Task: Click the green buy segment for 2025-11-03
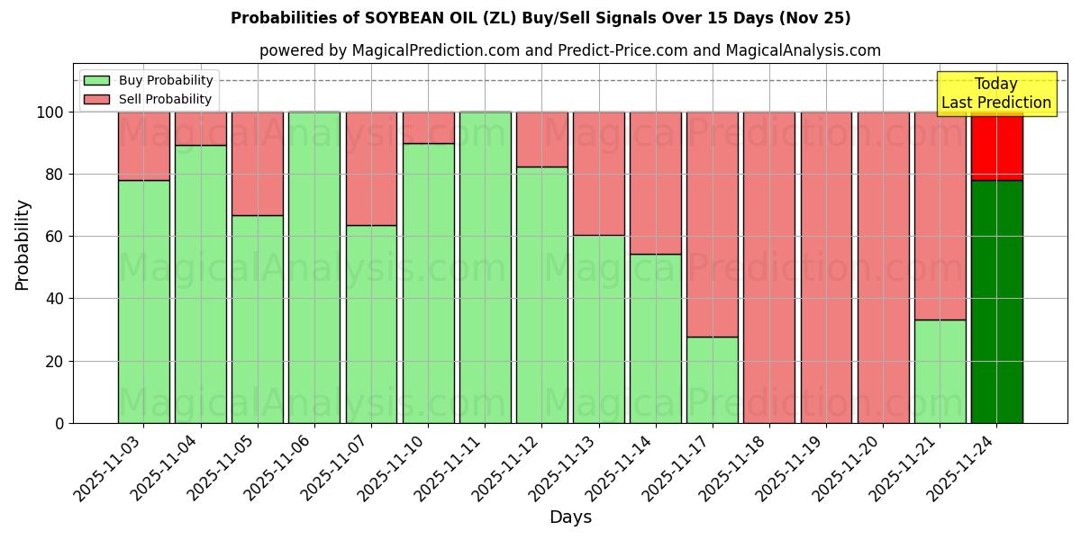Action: pos(143,301)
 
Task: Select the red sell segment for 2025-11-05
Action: pos(258,163)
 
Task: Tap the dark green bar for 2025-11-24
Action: pos(996,301)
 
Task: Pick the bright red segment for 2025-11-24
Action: pos(996,146)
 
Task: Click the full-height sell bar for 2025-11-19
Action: pos(826,267)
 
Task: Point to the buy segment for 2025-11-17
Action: pos(713,380)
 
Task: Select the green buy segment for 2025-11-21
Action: pos(940,371)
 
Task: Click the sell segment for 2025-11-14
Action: pos(656,183)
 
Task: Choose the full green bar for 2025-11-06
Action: pos(314,267)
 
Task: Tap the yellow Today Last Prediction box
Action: pos(996,94)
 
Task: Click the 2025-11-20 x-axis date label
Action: pos(848,477)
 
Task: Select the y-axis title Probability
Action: pos(23,244)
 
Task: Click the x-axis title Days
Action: pos(570,517)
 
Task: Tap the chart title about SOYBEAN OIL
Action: pos(540,18)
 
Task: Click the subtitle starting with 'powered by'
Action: pos(570,50)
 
